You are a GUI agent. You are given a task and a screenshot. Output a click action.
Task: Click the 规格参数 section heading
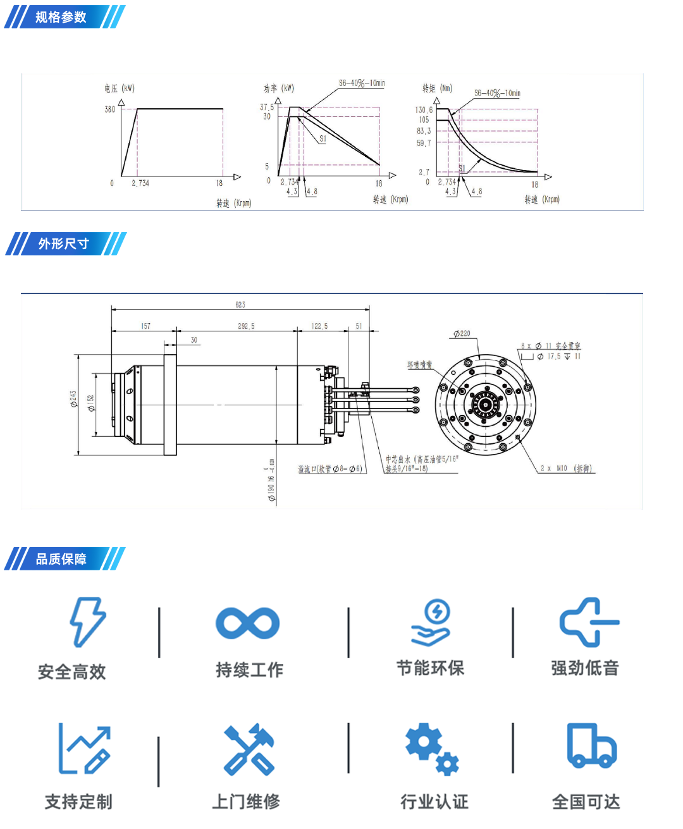click(x=61, y=17)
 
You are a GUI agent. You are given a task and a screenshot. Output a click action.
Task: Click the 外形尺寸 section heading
click(x=63, y=243)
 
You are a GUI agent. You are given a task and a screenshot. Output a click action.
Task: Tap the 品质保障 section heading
click(x=61, y=559)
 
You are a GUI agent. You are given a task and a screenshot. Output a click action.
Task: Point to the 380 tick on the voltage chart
click(x=110, y=109)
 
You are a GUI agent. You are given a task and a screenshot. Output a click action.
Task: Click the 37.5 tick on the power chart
click(x=267, y=107)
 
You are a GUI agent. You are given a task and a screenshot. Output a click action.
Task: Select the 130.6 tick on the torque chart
click(x=424, y=110)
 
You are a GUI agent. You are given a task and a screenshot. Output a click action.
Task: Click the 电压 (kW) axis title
click(x=120, y=89)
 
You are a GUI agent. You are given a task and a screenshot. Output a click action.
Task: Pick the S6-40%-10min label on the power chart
click(x=362, y=83)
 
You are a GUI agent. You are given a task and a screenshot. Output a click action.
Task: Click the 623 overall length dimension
click(x=240, y=305)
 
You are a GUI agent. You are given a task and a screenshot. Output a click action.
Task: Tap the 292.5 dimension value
click(x=246, y=326)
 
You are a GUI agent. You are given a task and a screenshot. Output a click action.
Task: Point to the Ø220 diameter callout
click(x=462, y=333)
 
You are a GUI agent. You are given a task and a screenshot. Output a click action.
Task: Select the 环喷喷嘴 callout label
click(x=419, y=365)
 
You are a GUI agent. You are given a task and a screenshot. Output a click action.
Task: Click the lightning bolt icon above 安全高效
click(x=87, y=622)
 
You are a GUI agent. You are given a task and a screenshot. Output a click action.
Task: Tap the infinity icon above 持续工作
click(x=247, y=623)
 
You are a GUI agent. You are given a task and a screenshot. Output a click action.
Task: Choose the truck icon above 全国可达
click(x=591, y=746)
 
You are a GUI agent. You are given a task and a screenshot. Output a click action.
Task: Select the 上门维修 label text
click(x=246, y=802)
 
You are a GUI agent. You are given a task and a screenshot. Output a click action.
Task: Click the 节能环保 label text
click(x=430, y=668)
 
